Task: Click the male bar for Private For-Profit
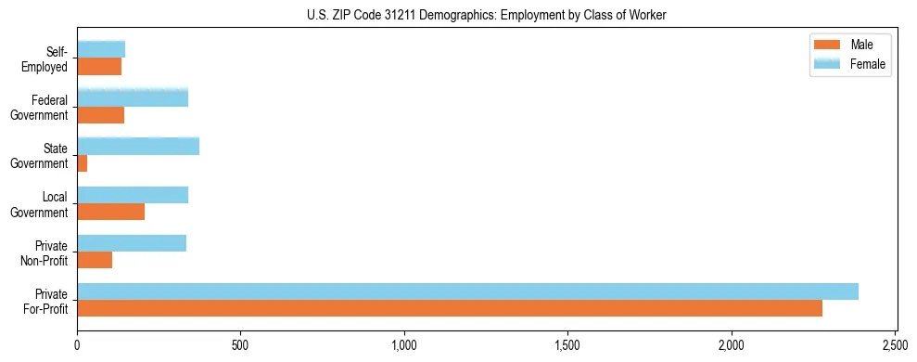point(450,308)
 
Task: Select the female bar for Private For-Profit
point(467,291)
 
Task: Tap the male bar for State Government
point(83,163)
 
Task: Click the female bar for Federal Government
point(133,97)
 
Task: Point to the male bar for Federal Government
point(101,115)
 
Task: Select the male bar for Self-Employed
point(99,67)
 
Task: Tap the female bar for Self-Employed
point(101,49)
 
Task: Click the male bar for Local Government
point(111,212)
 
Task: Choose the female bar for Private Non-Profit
point(132,243)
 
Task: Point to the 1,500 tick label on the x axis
point(567,344)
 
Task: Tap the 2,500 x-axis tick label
point(895,344)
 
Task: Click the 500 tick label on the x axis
point(241,344)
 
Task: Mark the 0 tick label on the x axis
point(78,344)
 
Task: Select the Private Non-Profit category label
point(45,252)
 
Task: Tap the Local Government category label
point(40,204)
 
